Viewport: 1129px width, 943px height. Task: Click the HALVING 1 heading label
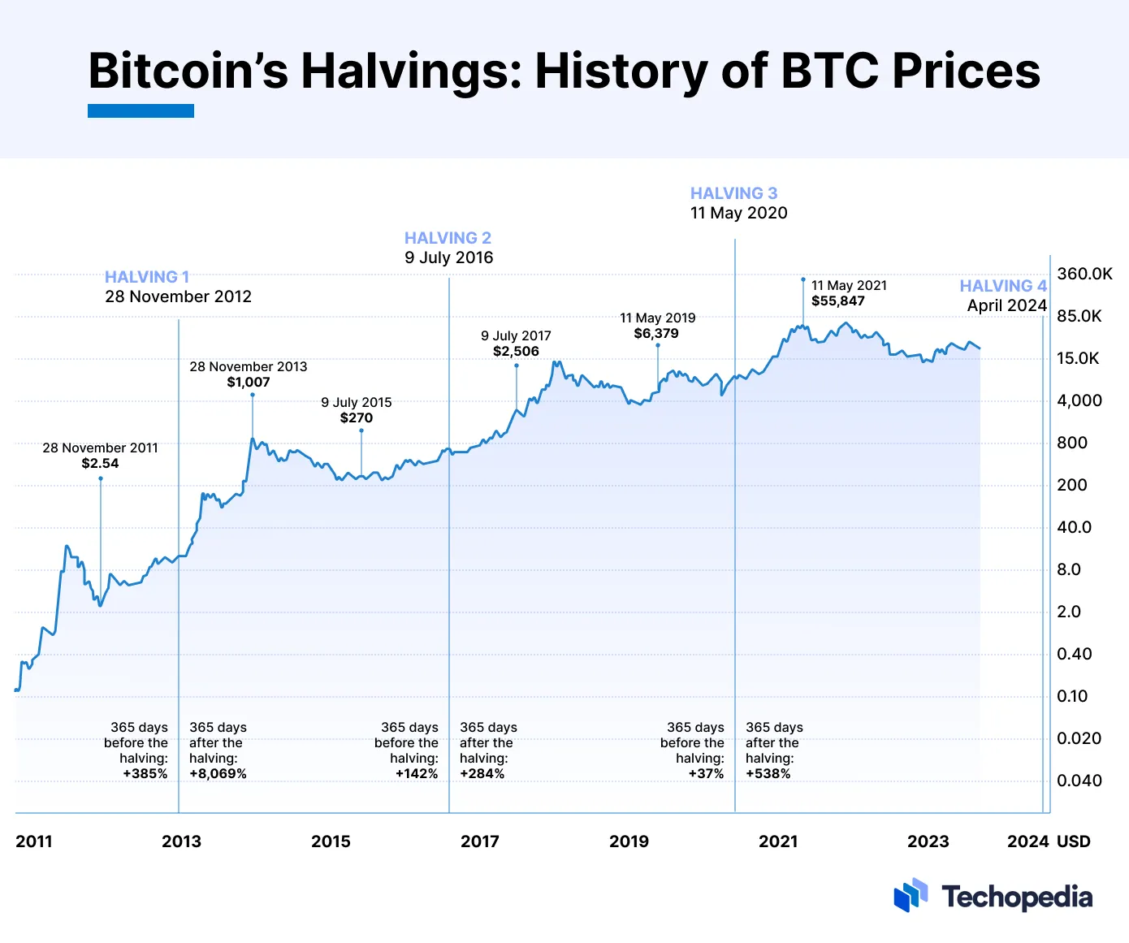147,277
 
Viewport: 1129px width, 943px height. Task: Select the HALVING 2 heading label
448,238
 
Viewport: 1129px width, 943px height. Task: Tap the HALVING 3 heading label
733,193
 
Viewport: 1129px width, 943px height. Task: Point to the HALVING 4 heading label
1003,286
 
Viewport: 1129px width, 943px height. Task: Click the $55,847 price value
837,301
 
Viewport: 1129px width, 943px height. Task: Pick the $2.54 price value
100,464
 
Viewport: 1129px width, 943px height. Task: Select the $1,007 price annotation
248,383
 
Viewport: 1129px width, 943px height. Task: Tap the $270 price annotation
356,418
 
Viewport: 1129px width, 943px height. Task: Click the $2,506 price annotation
516,352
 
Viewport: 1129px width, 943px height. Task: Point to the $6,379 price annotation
656,334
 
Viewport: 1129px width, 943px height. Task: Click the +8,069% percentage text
218,774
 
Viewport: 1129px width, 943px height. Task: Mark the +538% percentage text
768,774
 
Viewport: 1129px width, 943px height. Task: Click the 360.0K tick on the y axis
1084,274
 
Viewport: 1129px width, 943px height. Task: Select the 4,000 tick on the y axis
1079,400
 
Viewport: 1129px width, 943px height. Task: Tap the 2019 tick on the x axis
629,841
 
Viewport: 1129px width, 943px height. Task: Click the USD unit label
1073,841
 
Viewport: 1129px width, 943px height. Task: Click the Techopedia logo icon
911,895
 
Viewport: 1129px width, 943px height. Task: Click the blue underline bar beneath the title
141,111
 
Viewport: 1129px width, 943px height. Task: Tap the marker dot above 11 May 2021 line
803,279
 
